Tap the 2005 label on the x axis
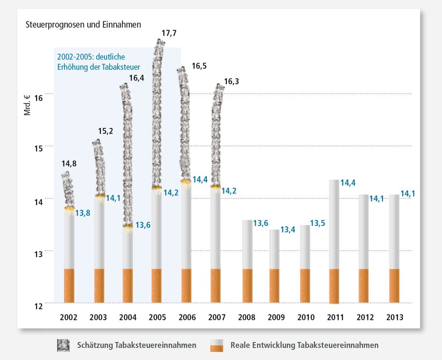click(x=158, y=318)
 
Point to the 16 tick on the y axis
click(x=39, y=98)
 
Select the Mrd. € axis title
click(x=27, y=105)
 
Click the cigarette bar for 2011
click(x=334, y=241)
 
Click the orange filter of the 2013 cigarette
click(x=394, y=285)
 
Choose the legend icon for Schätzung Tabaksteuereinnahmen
click(x=63, y=345)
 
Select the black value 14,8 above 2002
click(x=69, y=164)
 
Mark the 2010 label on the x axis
click(x=306, y=318)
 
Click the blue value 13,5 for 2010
click(x=318, y=223)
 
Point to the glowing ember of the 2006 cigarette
click(x=186, y=181)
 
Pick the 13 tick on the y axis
click(x=39, y=254)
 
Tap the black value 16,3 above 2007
click(x=232, y=82)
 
